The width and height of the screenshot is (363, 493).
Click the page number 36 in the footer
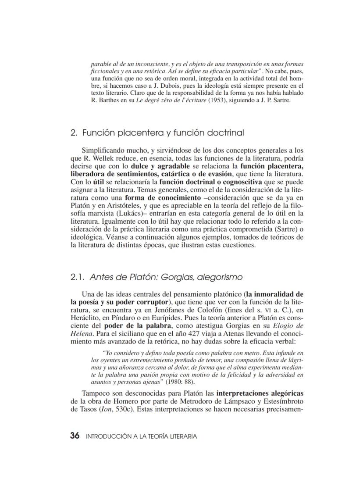75,436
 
